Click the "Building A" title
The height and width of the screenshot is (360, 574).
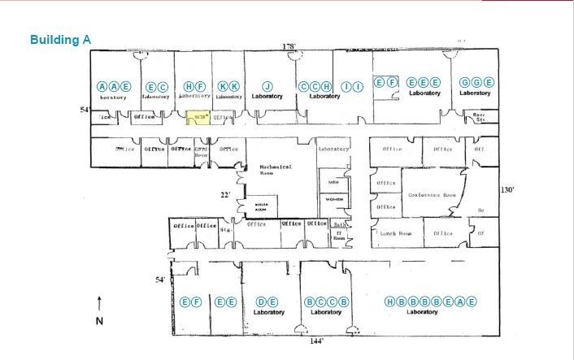[61, 39]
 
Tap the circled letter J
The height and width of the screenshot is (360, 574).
[266, 86]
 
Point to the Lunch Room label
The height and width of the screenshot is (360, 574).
[396, 233]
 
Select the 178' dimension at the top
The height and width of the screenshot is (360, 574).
[288, 46]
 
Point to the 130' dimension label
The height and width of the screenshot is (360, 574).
[508, 189]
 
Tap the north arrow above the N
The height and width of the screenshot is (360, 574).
[99, 306]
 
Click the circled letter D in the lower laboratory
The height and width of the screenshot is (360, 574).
[261, 301]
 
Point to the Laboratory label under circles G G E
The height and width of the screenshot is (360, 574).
[475, 93]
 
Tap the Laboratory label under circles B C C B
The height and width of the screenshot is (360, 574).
[326, 312]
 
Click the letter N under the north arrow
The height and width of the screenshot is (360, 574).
[99, 321]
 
